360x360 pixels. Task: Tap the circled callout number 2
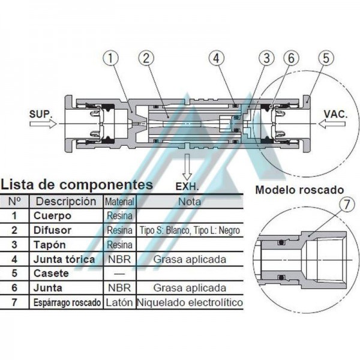[x=145, y=59]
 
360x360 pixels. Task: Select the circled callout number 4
[x=217, y=59]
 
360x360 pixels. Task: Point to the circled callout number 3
[x=265, y=59]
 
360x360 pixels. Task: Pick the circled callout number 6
[x=290, y=59]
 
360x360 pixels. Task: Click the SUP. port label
[x=41, y=112]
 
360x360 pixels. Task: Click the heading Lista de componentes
[x=77, y=184]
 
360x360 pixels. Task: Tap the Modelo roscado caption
[x=300, y=190]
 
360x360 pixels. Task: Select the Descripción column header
[x=66, y=202]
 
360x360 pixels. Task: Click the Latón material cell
[x=119, y=303]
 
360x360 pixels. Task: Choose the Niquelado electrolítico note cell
[x=190, y=303]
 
